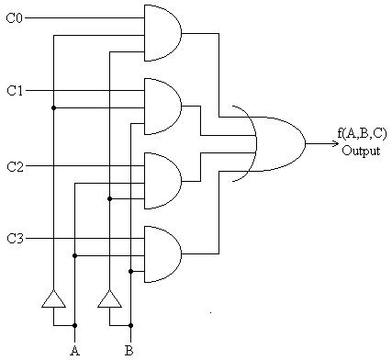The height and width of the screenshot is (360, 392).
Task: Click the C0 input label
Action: pos(15,17)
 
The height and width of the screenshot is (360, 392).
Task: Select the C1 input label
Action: pos(15,91)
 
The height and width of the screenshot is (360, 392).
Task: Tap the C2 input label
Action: pos(15,166)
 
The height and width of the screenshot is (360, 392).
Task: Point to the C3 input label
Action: pos(15,240)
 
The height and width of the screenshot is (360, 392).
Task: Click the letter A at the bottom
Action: pos(73,350)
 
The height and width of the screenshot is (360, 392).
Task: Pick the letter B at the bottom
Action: pos(130,350)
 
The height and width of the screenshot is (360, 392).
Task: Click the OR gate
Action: pos(275,143)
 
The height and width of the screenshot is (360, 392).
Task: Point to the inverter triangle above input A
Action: pos(54,298)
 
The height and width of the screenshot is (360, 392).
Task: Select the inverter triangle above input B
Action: pos(109,298)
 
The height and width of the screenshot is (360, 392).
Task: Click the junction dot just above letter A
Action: pos(74,324)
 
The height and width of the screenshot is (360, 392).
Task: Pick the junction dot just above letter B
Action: pos(130,324)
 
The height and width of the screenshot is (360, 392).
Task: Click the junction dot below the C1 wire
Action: pos(54,107)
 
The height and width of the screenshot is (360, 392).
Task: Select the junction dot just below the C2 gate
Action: pos(109,197)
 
